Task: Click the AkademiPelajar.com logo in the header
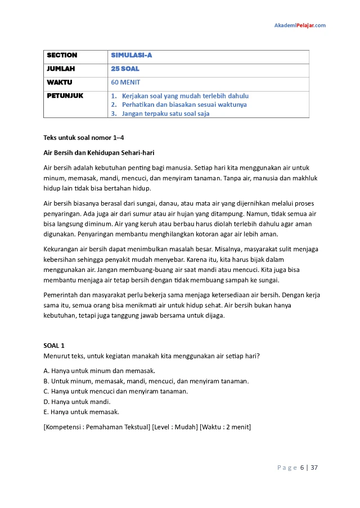[x=300, y=25]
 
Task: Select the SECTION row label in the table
[x=62, y=56]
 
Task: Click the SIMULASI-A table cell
[x=132, y=56]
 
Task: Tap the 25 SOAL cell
[x=125, y=69]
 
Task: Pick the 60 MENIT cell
[x=125, y=83]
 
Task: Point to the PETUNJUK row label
[x=65, y=96]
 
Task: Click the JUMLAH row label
[x=61, y=69]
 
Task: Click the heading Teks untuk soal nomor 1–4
[x=84, y=138]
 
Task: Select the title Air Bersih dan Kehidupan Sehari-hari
[x=99, y=153]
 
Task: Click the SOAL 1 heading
[x=54, y=346]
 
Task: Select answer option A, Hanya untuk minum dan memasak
[x=99, y=371]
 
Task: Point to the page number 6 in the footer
[x=302, y=468]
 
